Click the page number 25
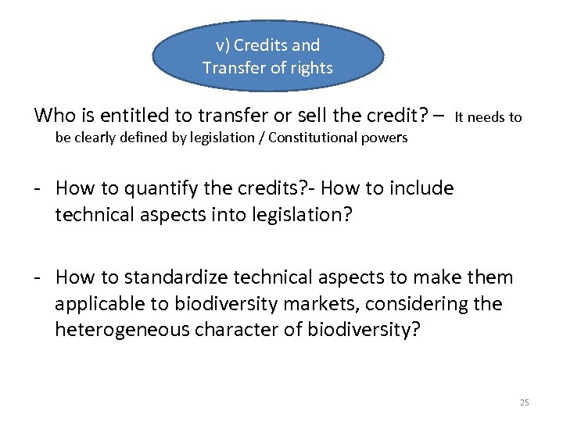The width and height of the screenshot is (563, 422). [524, 402]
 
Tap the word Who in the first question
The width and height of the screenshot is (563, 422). [53, 116]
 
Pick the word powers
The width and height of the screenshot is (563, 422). [384, 138]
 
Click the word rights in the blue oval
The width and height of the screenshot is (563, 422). [311, 68]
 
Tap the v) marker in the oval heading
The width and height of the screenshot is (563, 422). [221, 45]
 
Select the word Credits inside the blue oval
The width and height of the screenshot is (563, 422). [260, 45]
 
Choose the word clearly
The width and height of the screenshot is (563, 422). [94, 138]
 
